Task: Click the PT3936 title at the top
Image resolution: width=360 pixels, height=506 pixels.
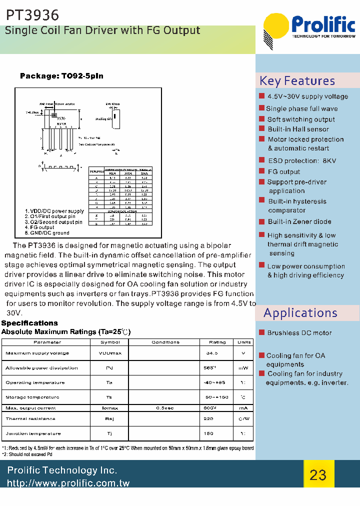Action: pyautogui.click(x=32, y=15)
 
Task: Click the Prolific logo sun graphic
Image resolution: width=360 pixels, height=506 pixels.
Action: pyautogui.click(x=276, y=29)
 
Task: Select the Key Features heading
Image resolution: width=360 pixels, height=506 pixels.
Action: pyautogui.click(x=297, y=81)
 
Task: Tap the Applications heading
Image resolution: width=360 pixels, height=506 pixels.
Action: pyautogui.click(x=300, y=313)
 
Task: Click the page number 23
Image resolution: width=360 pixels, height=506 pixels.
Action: pyautogui.click(x=318, y=474)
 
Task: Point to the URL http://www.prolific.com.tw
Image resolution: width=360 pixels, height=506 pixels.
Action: pyautogui.click(x=68, y=483)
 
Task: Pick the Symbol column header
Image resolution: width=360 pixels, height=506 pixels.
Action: pyautogui.click(x=110, y=342)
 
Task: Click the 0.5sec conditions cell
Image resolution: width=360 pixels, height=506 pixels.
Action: pyautogui.click(x=165, y=408)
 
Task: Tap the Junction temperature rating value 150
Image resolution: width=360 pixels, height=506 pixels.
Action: pyautogui.click(x=208, y=433)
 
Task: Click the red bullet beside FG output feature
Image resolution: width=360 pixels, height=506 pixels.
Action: pyautogui.click(x=261, y=171)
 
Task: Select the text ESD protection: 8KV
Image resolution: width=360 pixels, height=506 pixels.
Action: pyautogui.click(x=302, y=160)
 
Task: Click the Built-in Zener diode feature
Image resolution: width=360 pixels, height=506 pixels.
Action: pyautogui.click(x=299, y=221)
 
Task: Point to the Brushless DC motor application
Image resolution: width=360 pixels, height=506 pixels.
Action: pyautogui.click(x=299, y=333)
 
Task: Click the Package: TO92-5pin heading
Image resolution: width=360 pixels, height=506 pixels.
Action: pyautogui.click(x=61, y=76)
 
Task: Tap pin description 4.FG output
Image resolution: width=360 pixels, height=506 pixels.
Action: pyautogui.click(x=40, y=227)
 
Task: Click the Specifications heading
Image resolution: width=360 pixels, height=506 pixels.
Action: pyautogui.click(x=29, y=323)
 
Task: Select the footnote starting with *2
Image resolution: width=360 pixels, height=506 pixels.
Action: pyautogui.click(x=27, y=454)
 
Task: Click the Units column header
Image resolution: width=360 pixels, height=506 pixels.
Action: pyautogui.click(x=244, y=342)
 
